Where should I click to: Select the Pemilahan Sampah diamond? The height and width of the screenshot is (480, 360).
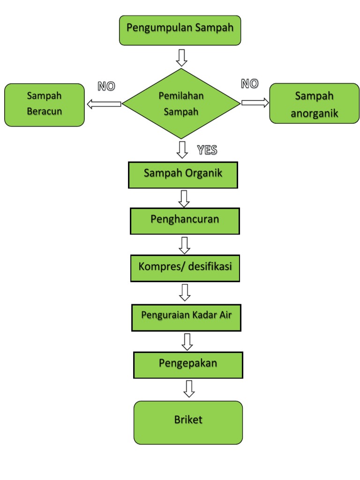[181, 104]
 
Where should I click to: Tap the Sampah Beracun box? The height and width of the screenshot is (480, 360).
[45, 105]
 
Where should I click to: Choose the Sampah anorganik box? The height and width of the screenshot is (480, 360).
[314, 104]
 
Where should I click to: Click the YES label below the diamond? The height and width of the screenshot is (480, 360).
[207, 150]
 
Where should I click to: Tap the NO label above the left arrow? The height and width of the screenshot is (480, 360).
[106, 86]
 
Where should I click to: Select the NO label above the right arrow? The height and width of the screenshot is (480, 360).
[249, 84]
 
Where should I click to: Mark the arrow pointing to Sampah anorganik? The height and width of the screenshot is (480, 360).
[255, 102]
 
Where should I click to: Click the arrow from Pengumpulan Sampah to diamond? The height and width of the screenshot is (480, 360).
[181, 57]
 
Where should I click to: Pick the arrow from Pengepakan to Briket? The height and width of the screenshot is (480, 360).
[189, 389]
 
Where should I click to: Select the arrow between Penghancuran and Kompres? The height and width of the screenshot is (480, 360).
[185, 245]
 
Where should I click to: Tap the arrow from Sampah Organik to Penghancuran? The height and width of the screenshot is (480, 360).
[184, 198]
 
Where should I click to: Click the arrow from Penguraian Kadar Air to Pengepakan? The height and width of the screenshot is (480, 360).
[187, 341]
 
